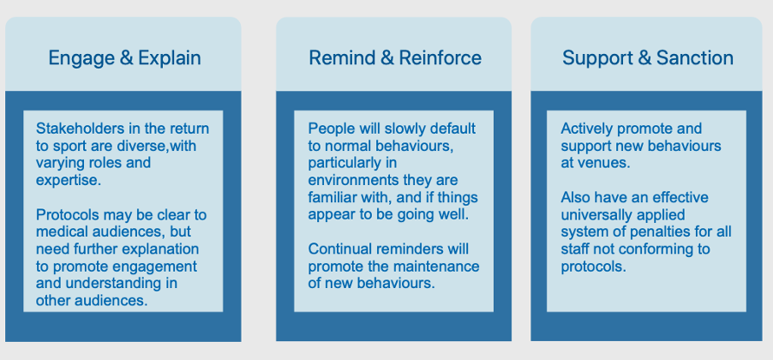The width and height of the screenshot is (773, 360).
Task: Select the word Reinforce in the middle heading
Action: pos(440,57)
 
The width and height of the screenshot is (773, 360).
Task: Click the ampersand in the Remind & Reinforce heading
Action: pos(387,57)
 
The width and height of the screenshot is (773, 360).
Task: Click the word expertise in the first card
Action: pos(68,181)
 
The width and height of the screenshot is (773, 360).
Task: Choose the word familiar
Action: pos(328,198)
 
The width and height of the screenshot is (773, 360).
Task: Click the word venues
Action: pos(604,163)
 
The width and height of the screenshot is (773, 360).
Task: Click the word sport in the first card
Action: pos(72,147)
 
